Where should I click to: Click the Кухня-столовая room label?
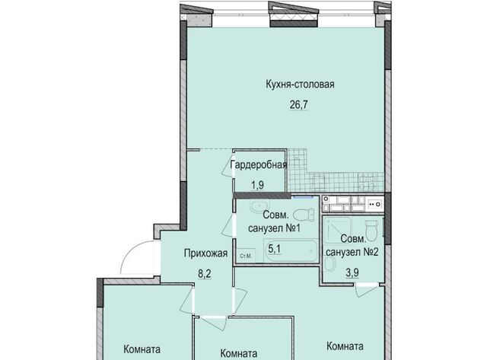[x=300, y=84]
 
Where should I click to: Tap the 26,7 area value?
[x=299, y=105]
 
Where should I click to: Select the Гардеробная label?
[x=259, y=164]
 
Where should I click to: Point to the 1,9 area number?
[x=257, y=186]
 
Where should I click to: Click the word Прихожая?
[x=205, y=253]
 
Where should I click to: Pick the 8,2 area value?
[x=205, y=274]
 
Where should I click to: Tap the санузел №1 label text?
[x=274, y=228]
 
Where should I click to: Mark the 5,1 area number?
[x=275, y=248]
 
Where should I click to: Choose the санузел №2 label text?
[x=352, y=252]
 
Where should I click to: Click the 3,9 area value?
[x=352, y=272]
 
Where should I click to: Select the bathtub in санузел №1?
[x=291, y=251]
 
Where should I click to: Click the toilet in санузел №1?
[x=304, y=215]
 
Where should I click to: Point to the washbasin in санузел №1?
[x=259, y=206]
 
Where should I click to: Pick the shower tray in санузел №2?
[x=337, y=230]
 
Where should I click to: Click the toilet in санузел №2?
[x=371, y=229]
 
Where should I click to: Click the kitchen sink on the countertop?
[x=375, y=204]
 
